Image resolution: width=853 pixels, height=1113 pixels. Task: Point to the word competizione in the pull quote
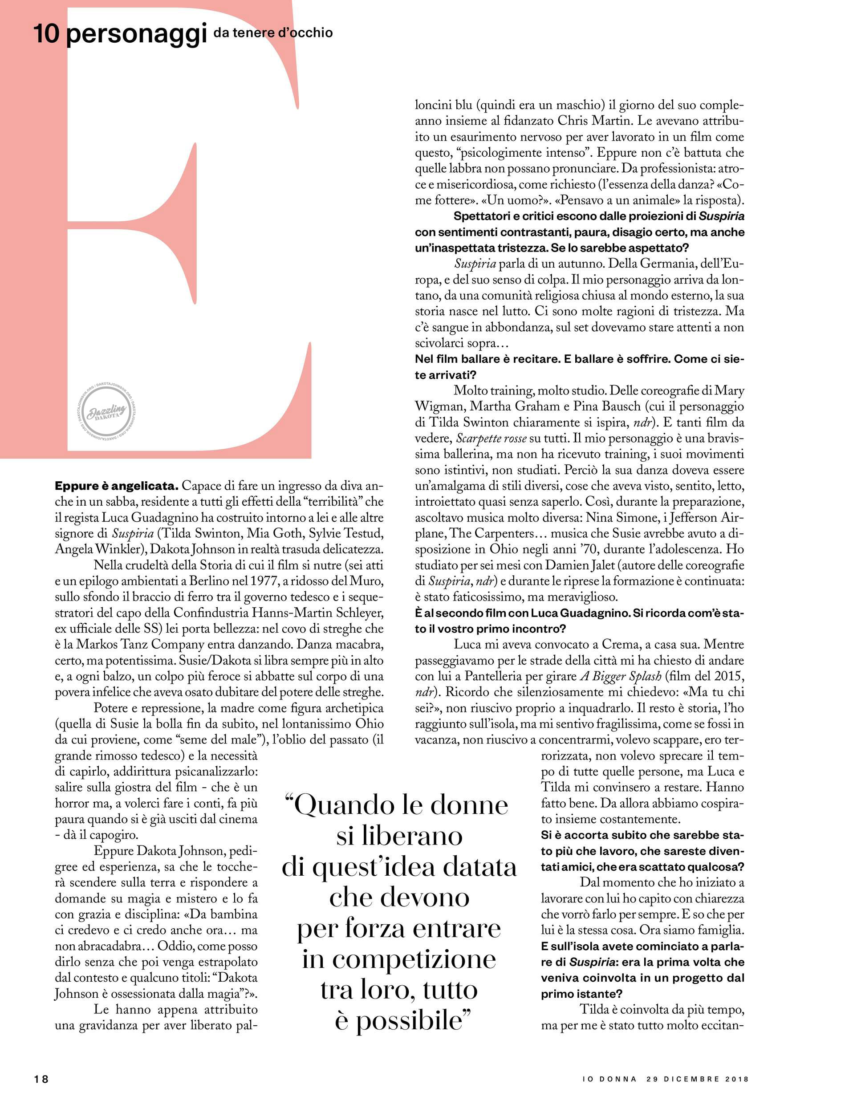[x=399, y=960]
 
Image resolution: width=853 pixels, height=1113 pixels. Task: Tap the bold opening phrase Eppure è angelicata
[x=116, y=486]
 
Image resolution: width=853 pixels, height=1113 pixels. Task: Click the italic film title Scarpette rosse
[x=491, y=438]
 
